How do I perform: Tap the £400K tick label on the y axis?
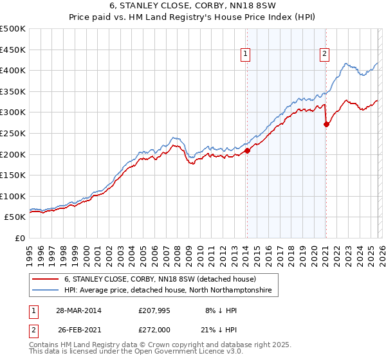coord(13,71)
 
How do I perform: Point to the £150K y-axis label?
coord(13,175)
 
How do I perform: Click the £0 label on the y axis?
coord(20,238)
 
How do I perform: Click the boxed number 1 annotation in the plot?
coord(246,55)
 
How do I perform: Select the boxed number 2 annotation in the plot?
coord(325,55)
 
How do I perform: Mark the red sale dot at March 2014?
coord(247,151)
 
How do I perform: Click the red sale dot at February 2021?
coord(326,125)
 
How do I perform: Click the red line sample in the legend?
coord(46,280)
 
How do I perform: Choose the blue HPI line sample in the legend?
coord(46,291)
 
